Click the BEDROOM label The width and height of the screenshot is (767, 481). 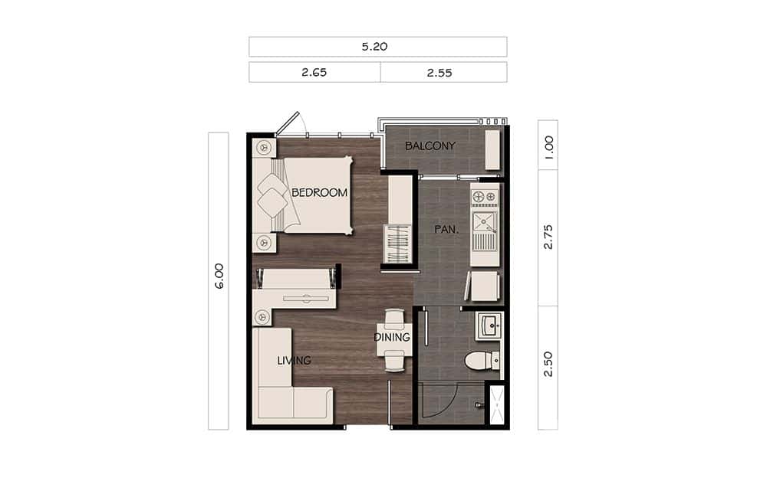(319, 193)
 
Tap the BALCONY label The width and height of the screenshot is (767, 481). (430, 146)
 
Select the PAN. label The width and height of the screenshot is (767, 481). (443, 229)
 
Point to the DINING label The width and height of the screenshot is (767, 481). (392, 337)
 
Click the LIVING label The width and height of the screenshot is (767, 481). (294, 360)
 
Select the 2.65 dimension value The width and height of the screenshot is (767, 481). (314, 72)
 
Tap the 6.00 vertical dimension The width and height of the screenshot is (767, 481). (219, 276)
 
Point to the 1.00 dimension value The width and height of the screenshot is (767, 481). (548, 145)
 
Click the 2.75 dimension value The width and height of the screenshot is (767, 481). (548, 237)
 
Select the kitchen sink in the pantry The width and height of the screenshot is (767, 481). (484, 223)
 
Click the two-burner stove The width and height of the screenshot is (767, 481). (484, 198)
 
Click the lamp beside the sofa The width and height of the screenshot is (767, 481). (263, 316)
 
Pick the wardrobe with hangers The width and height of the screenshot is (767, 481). (398, 244)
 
